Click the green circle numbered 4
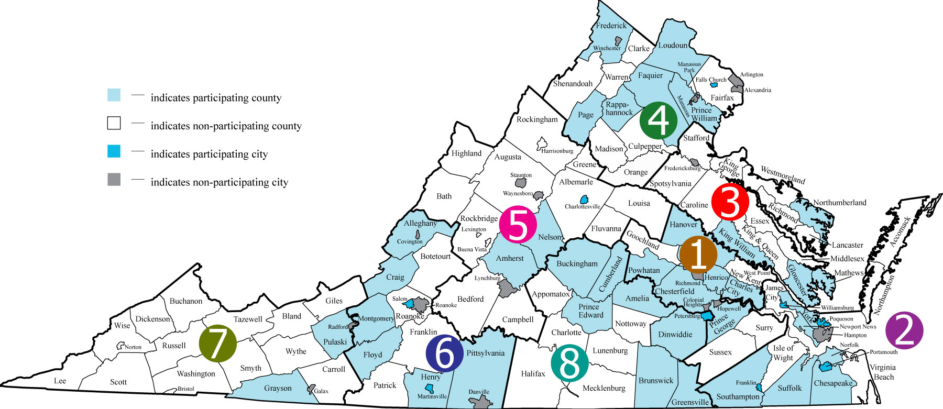click(x=659, y=120)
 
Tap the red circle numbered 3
click(x=730, y=202)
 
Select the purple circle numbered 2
click(x=904, y=330)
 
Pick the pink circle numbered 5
click(x=518, y=225)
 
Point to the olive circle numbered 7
click(x=218, y=344)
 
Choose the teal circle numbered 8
click(x=570, y=363)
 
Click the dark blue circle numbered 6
click(x=445, y=353)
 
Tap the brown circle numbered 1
click(x=698, y=254)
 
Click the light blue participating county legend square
click(x=114, y=95)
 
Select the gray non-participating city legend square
click(x=114, y=180)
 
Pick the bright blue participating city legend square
click(x=114, y=151)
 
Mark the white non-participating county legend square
click(x=114, y=123)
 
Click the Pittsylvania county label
click(x=485, y=353)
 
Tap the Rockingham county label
click(x=537, y=119)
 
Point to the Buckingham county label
click(x=577, y=264)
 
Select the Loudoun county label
click(x=673, y=46)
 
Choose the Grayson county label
click(x=278, y=388)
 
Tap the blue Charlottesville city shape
click(x=584, y=199)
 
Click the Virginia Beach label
click(x=883, y=372)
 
